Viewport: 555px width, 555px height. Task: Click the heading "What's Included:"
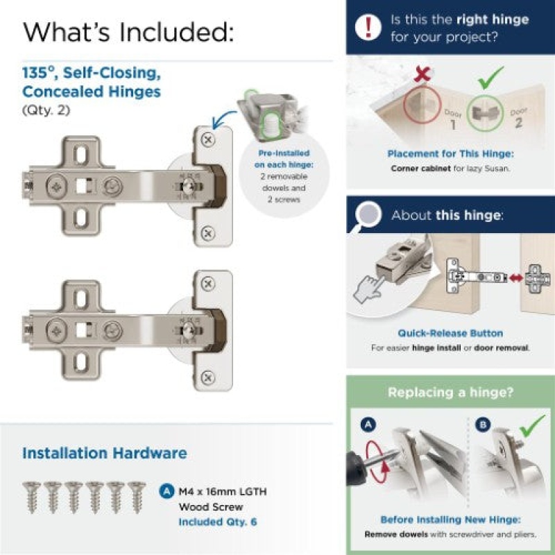128,32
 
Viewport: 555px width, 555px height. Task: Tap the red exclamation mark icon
368,27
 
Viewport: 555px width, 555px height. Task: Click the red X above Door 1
422,74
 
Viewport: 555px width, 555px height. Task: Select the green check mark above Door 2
491,78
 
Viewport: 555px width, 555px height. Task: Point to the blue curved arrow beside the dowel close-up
223,119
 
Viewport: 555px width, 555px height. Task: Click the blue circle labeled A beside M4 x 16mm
166,491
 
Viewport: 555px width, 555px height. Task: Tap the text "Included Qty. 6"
218,522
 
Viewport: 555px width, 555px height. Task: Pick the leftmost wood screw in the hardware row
32,497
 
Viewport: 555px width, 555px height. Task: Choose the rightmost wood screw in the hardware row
137,497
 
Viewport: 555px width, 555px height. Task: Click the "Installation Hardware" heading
105,453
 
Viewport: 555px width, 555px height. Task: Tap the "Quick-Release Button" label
450,333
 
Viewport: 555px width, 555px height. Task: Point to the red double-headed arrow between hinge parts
516,278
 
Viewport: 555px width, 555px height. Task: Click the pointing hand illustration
370,289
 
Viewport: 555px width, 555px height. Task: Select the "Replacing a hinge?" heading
450,392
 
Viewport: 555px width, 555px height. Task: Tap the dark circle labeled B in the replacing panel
483,424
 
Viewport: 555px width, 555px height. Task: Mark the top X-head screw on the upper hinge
208,139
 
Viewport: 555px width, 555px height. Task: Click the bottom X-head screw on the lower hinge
208,377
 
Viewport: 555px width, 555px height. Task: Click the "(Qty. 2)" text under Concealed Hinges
46,110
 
